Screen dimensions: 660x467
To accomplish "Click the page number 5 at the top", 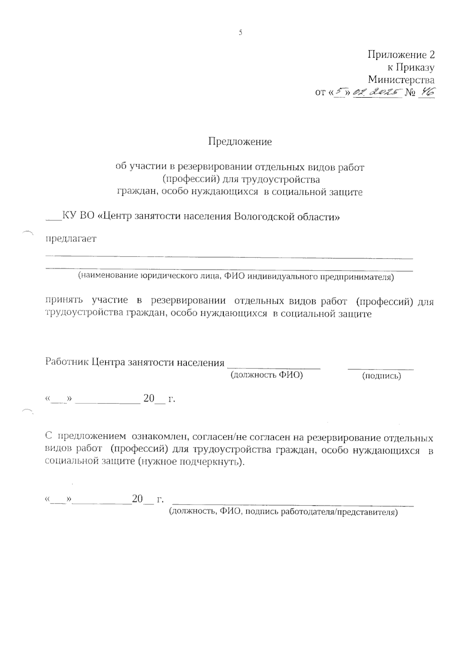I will [x=240, y=33].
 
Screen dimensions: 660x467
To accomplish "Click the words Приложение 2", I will [x=401, y=55].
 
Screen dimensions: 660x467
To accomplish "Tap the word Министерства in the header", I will [x=401, y=80].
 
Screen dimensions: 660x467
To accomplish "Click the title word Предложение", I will [x=240, y=141].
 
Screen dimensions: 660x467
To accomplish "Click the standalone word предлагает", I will [x=71, y=239].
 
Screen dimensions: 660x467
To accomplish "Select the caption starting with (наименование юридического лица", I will [x=236, y=277].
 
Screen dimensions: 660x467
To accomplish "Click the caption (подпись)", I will [x=381, y=376].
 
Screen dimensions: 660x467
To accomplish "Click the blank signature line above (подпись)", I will [x=381, y=368].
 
